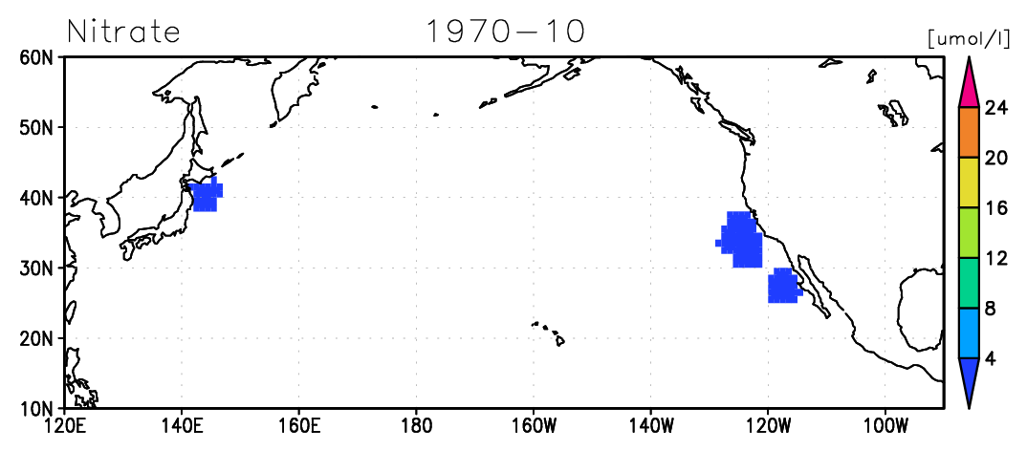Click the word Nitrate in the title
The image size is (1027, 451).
[123, 32]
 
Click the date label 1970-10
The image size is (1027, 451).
[505, 32]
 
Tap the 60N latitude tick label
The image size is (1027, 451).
[38, 57]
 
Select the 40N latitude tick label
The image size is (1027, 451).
[38, 198]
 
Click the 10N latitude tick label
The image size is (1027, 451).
[38, 408]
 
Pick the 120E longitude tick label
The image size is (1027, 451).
[64, 428]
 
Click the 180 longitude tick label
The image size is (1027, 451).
[416, 428]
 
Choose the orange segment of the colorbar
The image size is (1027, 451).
[969, 132]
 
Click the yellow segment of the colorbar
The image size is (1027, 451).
[969, 183]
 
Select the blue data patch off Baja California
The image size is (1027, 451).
[783, 286]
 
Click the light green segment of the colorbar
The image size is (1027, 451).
[969, 233]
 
